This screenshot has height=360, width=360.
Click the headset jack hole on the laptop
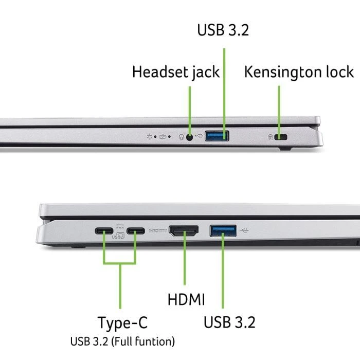(x=190, y=137)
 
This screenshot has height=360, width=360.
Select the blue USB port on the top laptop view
(x=217, y=136)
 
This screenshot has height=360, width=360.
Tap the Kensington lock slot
(x=280, y=137)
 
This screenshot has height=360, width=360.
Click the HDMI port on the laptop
(x=184, y=231)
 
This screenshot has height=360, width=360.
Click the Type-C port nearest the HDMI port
(x=136, y=231)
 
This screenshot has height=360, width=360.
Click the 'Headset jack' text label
(x=176, y=72)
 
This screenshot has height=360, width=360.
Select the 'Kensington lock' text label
(x=299, y=71)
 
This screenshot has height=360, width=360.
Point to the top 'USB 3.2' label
(x=223, y=30)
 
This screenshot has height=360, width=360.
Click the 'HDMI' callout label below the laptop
(x=186, y=299)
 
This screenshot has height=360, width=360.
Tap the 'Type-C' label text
(x=122, y=323)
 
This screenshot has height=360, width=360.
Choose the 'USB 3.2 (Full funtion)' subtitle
(x=122, y=341)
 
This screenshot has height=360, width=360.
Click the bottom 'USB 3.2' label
(x=229, y=322)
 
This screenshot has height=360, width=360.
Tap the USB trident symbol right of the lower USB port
(x=244, y=230)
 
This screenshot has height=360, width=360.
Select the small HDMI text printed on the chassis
(x=157, y=231)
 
